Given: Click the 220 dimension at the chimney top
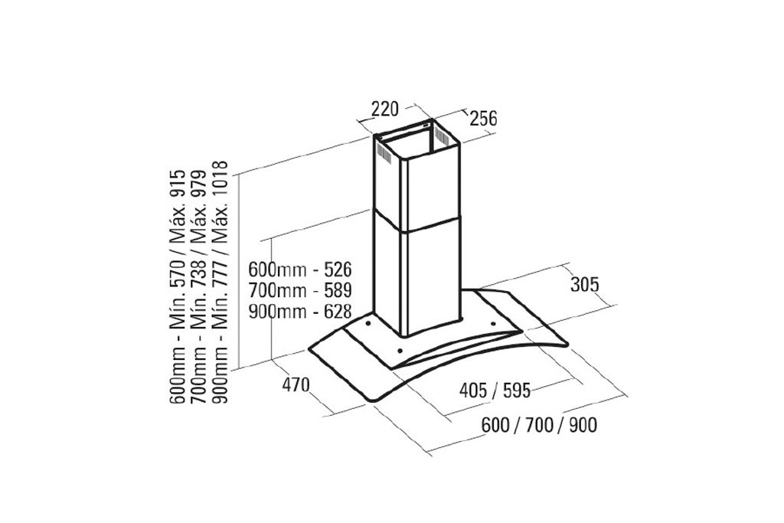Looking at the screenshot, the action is coord(384,109).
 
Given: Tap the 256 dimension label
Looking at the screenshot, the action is coord(483,119).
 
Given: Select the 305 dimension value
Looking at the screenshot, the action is coord(584,284).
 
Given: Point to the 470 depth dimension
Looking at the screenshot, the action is coord(296,385).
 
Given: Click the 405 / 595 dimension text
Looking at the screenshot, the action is coord(495,390).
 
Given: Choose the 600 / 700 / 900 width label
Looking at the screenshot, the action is coord(539,425).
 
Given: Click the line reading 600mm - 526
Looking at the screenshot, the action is coord(300,270).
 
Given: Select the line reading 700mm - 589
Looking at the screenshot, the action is coord(300,290).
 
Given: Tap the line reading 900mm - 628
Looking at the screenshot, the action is coord(300,312).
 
